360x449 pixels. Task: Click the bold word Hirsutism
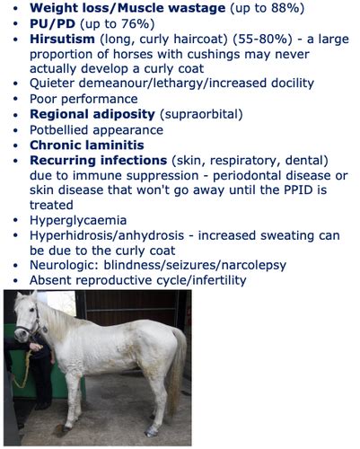(62, 39)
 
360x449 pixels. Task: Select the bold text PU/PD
(52, 23)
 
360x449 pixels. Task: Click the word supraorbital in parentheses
(201, 114)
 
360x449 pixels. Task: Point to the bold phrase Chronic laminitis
(87, 145)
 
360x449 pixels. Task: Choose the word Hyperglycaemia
(78, 221)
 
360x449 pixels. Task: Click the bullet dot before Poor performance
(16, 100)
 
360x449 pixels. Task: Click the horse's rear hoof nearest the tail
(151, 431)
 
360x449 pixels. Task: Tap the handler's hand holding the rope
(36, 347)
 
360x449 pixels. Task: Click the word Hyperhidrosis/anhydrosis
(107, 235)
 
